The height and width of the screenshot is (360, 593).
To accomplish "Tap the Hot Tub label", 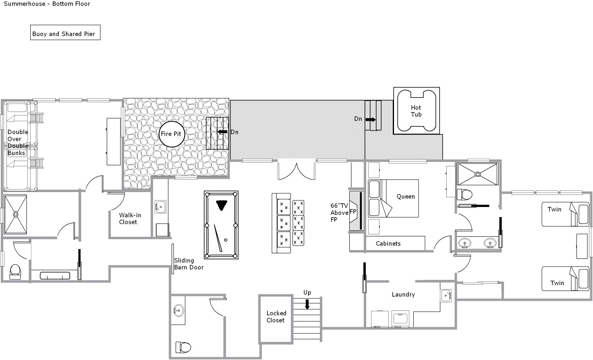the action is [x=416, y=111].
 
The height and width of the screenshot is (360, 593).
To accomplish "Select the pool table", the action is [x=221, y=225].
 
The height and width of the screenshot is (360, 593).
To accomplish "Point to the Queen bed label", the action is [x=406, y=197].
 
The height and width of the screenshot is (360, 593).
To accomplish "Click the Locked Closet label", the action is [x=276, y=317].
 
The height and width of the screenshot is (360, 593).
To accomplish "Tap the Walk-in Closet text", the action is [x=130, y=219].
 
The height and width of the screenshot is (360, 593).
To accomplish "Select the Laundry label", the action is [x=403, y=295].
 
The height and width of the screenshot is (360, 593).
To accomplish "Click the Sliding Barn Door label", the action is [x=189, y=264].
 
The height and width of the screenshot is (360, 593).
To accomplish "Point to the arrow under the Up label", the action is [x=307, y=304].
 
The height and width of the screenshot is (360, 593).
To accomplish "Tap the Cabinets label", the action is [x=388, y=244].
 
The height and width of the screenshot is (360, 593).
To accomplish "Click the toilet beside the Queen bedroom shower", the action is [x=464, y=194].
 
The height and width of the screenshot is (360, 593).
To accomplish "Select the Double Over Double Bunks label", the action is [x=17, y=143].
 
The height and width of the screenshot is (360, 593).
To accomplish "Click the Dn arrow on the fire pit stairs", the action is [x=222, y=132].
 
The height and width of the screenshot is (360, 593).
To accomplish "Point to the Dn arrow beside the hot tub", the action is [x=370, y=119].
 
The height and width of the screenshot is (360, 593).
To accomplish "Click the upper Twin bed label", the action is [x=554, y=209].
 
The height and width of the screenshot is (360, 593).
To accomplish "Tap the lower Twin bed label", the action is [x=557, y=283].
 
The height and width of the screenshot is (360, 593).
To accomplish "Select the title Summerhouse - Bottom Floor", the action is [x=47, y=4].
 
